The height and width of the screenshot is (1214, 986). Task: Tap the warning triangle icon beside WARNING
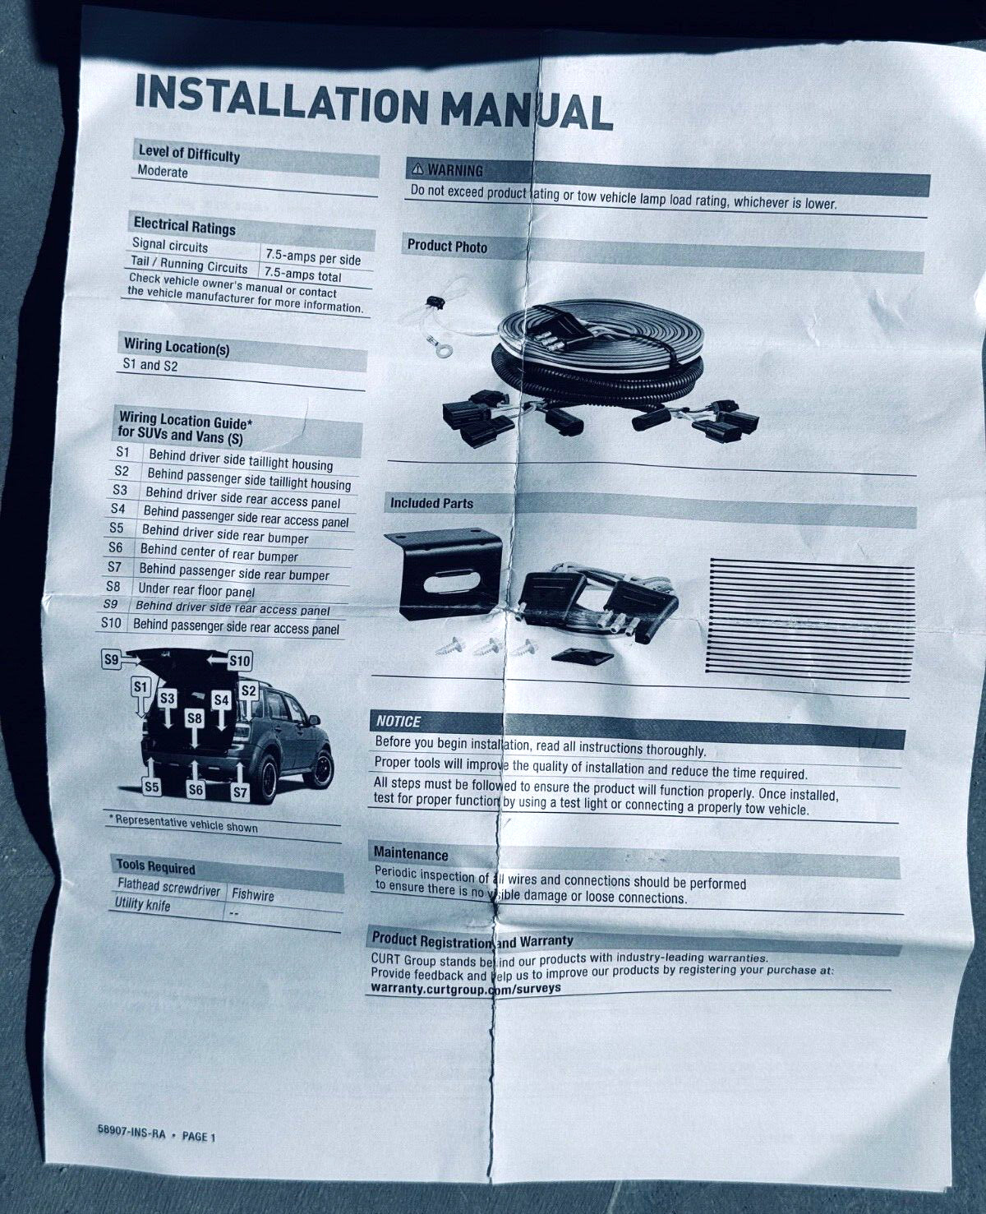click(x=418, y=168)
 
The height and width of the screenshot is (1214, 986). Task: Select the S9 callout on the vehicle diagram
click(x=111, y=660)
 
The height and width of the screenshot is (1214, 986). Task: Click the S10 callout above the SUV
click(x=240, y=661)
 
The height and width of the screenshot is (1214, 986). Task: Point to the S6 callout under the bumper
click(x=196, y=789)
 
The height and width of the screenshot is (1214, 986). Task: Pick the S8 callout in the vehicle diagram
click(x=195, y=718)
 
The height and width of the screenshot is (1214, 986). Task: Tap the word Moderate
click(x=163, y=171)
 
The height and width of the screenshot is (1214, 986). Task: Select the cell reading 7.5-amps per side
click(x=313, y=257)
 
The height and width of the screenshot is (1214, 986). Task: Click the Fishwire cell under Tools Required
click(x=252, y=895)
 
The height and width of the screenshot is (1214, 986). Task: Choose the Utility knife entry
click(x=142, y=904)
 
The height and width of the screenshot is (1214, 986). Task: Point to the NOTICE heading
click(x=399, y=722)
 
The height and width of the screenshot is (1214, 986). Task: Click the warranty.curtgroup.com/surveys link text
click(x=465, y=988)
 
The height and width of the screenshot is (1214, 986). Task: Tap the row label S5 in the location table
click(x=116, y=528)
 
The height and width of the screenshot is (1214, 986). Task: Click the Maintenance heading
click(x=411, y=854)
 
